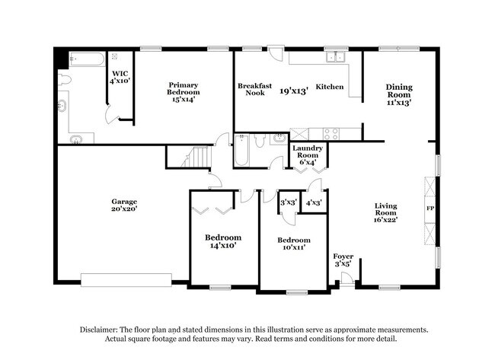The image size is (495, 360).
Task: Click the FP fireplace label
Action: pyautogui.click(x=430, y=207)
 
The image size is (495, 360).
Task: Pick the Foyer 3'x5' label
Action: pyautogui.click(x=343, y=260)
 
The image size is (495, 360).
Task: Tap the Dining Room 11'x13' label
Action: pyautogui.click(x=399, y=94)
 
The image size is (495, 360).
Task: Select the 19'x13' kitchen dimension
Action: pyautogui.click(x=293, y=91)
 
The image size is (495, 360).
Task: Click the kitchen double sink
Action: pyautogui.click(x=333, y=56)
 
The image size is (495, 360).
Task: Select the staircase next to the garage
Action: pyautogui.click(x=196, y=158)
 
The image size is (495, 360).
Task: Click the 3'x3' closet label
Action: pyautogui.click(x=288, y=203)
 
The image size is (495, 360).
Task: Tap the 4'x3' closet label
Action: pyautogui.click(x=313, y=203)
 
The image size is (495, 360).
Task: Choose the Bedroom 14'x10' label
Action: pyautogui.click(x=223, y=241)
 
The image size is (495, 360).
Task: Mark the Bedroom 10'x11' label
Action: pyautogui.click(x=294, y=244)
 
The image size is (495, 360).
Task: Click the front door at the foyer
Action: pyautogui.click(x=346, y=282)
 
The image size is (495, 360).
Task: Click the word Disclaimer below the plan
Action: pyautogui.click(x=102, y=330)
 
